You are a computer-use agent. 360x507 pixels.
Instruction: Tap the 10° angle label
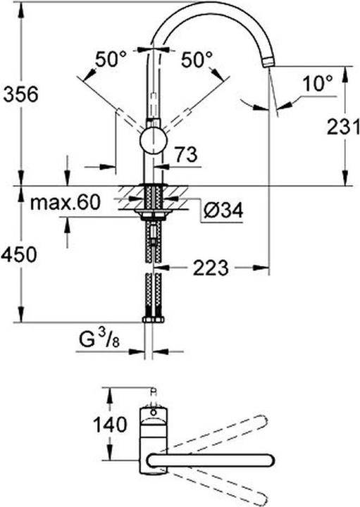[x=317, y=84]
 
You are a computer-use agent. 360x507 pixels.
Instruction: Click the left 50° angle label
[x=110, y=61]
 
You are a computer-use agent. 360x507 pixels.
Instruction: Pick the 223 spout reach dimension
[x=210, y=268]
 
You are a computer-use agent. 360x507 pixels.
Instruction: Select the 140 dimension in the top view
[x=109, y=425]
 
